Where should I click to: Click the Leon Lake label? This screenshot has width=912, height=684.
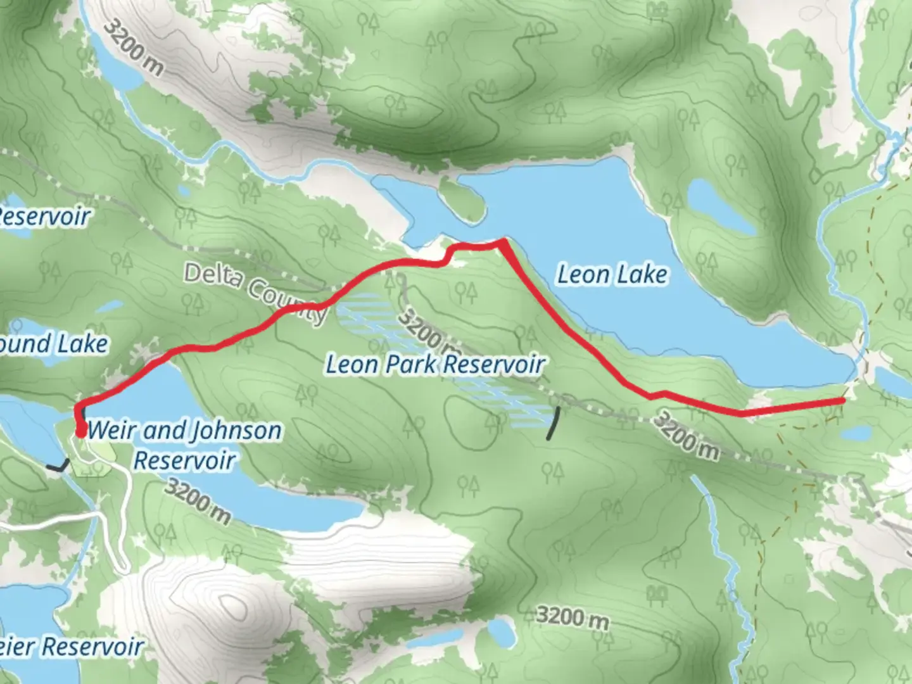(x=612, y=274)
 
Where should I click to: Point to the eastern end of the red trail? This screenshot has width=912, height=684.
(x=843, y=400)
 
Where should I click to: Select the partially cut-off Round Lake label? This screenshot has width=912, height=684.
(x=53, y=345)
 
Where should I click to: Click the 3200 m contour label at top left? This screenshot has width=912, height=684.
(x=133, y=47)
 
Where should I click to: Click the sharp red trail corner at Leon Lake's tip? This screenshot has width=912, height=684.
(x=502, y=241)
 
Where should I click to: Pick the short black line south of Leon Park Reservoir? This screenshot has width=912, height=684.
(x=554, y=423)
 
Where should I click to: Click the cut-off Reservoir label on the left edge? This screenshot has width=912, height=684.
(x=44, y=217)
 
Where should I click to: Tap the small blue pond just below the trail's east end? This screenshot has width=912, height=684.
(x=856, y=433)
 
